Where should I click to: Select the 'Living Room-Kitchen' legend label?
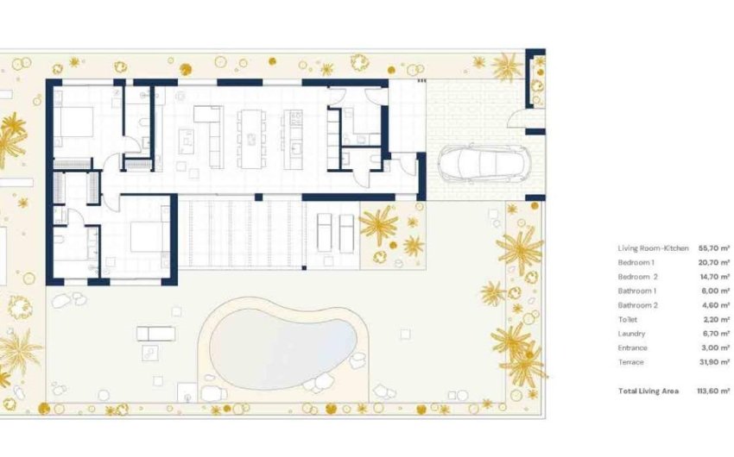click(653, 248)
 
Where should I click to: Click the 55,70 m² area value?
click(712, 248)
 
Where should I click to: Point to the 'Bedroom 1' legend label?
click(637, 262)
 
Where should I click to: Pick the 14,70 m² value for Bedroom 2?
click(712, 277)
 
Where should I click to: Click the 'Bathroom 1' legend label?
click(639, 291)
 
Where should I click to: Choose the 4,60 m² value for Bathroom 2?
click(714, 305)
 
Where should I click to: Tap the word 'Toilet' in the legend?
click(628, 319)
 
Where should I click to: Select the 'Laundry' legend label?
click(631, 334)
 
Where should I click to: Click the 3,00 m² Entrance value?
click(714, 347)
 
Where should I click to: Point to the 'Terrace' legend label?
click(631, 362)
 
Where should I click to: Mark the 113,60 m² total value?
click(712, 391)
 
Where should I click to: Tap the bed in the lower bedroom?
click(149, 235)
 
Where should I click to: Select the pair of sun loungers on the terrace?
click(335, 231)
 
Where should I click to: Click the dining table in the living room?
click(251, 137)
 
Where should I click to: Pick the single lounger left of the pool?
click(155, 333)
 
